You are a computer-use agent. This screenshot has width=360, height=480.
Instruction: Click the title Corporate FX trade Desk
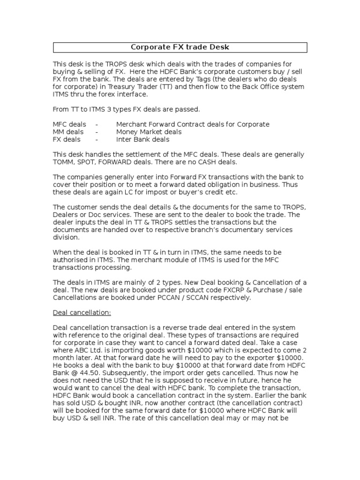[180, 47]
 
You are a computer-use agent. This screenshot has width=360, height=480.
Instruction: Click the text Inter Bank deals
[143, 139]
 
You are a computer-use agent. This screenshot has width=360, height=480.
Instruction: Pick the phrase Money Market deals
[149, 132]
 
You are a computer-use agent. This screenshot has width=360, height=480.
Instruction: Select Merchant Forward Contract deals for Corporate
[193, 124]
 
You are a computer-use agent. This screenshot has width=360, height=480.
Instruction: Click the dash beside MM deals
[96, 132]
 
